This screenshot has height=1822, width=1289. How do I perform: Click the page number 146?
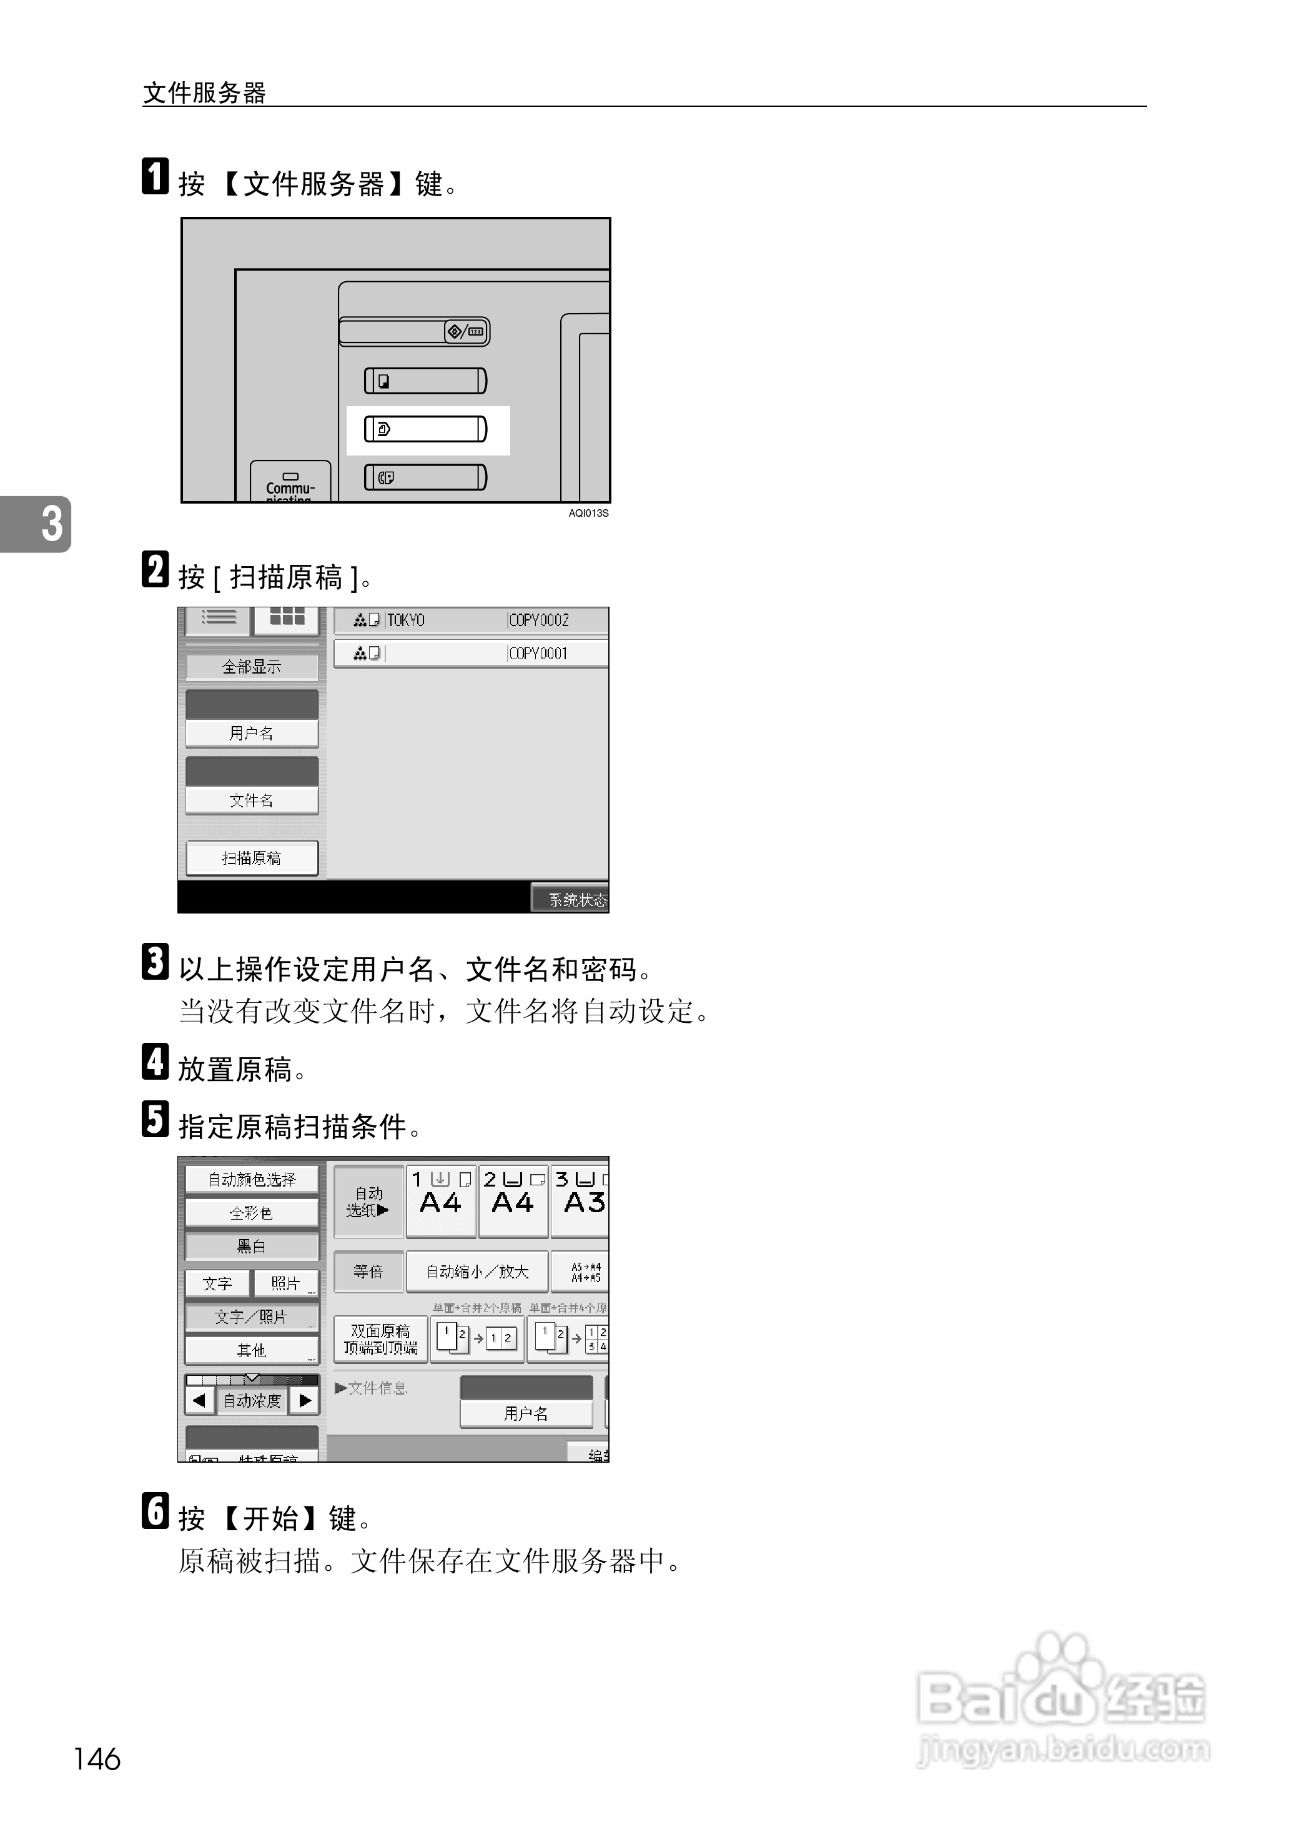(x=97, y=1760)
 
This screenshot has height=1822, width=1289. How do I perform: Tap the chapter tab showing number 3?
(x=36, y=524)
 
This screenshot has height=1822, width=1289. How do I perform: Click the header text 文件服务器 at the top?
(x=204, y=93)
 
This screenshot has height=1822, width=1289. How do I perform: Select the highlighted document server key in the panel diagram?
(x=425, y=429)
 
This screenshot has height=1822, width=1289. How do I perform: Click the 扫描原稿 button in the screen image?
(x=252, y=859)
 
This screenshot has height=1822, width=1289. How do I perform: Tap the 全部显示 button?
(x=252, y=667)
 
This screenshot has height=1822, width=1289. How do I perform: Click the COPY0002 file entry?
(x=539, y=620)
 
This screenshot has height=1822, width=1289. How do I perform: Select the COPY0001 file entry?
(x=539, y=654)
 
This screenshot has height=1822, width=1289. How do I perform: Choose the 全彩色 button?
(x=252, y=1213)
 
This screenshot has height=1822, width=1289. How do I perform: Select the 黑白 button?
(x=252, y=1247)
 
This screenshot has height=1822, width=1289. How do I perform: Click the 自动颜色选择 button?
(x=252, y=1180)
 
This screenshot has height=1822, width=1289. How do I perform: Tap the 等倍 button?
(x=368, y=1272)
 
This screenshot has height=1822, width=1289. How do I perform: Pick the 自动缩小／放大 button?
(x=477, y=1272)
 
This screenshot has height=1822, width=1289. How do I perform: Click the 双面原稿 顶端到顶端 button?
(x=381, y=1339)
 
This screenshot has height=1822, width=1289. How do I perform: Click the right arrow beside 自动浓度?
(x=305, y=1400)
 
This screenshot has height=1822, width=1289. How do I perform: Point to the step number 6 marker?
(x=156, y=1511)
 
